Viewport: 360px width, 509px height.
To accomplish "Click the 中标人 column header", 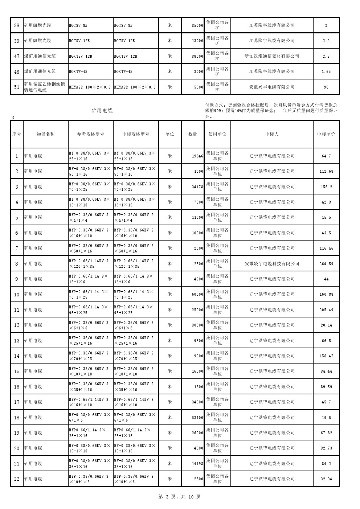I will click(x=272, y=134).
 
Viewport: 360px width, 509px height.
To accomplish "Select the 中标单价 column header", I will click(x=326, y=134).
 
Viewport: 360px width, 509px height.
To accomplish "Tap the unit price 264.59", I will click(x=326, y=264).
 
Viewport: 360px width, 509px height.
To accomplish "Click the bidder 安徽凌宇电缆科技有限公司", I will click(x=272, y=264).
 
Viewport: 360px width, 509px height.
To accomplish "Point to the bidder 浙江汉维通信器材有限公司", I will click(x=272, y=56).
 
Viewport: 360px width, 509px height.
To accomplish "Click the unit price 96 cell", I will click(x=326, y=87).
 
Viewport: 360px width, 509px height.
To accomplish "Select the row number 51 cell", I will click(x=17, y=87).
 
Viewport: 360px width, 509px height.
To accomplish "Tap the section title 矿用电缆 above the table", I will click(x=102, y=110).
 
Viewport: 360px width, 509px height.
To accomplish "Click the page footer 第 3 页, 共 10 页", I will click(x=180, y=497).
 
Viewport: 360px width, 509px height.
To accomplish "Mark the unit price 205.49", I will click(x=326, y=310).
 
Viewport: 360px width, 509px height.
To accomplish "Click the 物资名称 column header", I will click(x=45, y=134).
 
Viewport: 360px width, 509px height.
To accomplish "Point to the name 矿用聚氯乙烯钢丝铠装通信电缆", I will click(x=45, y=87).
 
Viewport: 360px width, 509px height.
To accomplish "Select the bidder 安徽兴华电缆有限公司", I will click(x=272, y=87).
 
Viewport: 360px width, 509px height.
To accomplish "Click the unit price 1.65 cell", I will click(x=326, y=71).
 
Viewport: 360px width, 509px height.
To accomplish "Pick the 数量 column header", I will click(x=193, y=134).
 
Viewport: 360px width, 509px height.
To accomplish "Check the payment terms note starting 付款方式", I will click(x=271, y=111).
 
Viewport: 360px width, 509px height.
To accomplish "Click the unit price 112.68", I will click(x=326, y=171).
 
